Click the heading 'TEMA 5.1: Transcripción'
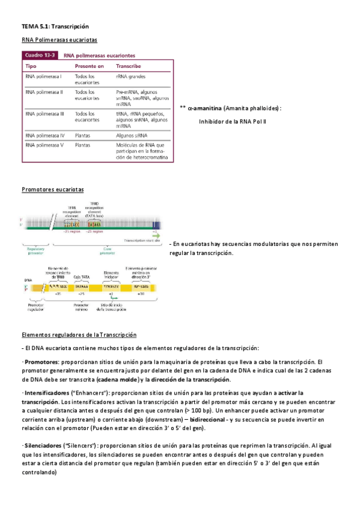(55, 26)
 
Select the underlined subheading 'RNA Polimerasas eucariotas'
(59, 40)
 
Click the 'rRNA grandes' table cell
(130, 76)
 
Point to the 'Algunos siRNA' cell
(132, 136)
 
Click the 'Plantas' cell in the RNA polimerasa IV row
(83, 136)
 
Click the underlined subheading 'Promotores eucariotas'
(52, 189)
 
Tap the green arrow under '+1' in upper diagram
(156, 236)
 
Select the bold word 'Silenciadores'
(43, 446)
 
